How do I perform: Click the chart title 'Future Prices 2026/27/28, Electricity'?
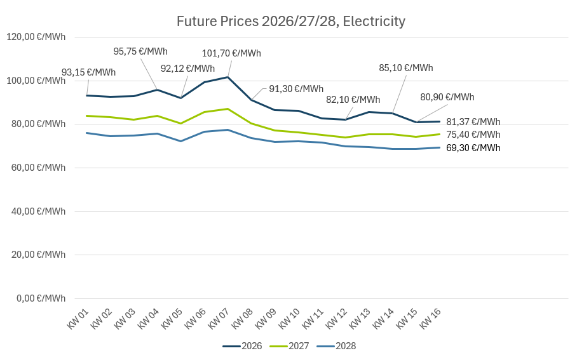coord(290,22)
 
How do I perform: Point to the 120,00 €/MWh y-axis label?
coord(36,37)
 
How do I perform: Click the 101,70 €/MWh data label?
coord(231,53)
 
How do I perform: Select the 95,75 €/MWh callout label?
coord(140,51)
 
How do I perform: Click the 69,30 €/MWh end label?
coord(473,148)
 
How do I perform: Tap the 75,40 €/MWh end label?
coord(473,135)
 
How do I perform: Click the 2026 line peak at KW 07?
coord(227,77)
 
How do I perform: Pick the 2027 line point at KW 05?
coord(180,123)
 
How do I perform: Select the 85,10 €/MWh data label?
coord(405,68)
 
